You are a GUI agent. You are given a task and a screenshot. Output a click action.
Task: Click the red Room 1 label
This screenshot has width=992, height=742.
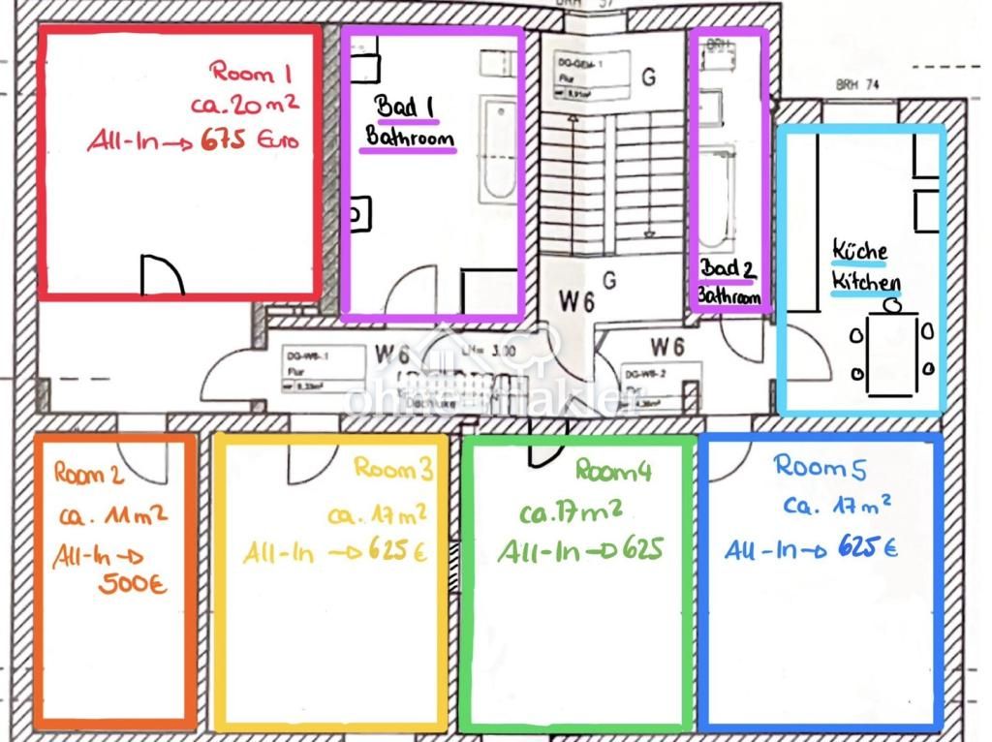point(251,72)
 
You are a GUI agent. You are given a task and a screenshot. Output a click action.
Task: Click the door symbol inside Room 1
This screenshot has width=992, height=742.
point(161,275)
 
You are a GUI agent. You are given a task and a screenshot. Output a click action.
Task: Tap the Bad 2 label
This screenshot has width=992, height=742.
point(727,268)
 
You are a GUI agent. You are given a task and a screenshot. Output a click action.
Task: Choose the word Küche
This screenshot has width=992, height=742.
point(859,251)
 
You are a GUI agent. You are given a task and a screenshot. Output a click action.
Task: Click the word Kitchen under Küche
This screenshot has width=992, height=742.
point(866,284)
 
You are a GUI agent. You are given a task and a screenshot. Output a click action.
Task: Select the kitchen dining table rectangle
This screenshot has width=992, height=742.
point(892,354)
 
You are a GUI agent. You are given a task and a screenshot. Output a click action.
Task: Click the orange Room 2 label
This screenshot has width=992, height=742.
point(88,474)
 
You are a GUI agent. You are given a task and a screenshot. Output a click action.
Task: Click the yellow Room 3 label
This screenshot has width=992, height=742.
point(393,468)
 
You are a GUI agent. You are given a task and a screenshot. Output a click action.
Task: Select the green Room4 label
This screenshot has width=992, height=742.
point(613,471)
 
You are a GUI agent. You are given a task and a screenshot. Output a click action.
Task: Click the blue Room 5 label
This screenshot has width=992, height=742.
point(821,467)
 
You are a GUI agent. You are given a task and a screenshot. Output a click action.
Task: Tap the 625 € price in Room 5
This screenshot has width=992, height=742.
point(866,549)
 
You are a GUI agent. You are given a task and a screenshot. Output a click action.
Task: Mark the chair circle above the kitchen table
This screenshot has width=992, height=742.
point(892,305)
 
